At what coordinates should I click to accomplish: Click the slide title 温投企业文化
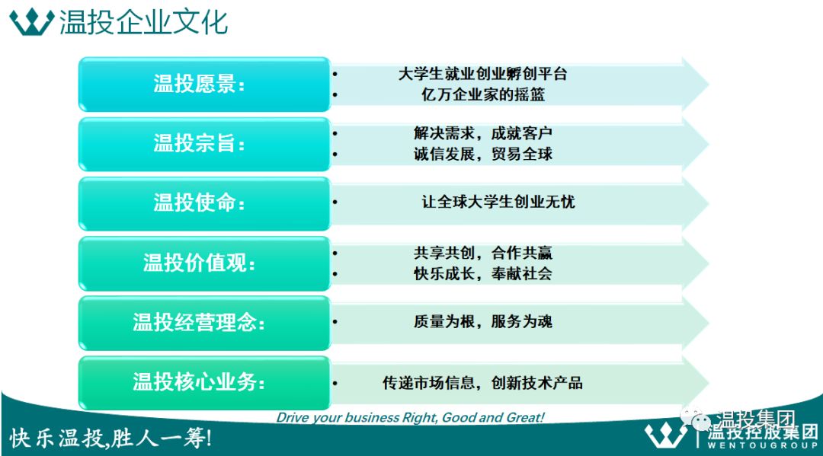143,22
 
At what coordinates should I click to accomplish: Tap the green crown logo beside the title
32,22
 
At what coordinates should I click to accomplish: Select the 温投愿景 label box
204,85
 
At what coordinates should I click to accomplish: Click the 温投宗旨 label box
204,144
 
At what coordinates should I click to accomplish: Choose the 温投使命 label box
204,204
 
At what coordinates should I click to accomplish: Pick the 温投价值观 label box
204,263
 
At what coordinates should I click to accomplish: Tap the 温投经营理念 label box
204,324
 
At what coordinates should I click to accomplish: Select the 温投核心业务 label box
204,383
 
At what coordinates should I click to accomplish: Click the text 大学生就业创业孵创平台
483,74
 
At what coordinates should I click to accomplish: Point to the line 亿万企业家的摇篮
483,94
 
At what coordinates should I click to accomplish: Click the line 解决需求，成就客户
483,133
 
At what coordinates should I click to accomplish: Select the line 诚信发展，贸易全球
483,154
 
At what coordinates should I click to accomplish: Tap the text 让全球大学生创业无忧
498,202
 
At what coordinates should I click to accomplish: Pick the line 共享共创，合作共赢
483,254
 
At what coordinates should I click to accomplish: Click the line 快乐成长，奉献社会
483,273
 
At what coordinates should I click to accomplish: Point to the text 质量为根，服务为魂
483,321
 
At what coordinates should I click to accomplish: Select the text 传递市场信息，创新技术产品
483,383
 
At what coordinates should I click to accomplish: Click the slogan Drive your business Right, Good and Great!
411,418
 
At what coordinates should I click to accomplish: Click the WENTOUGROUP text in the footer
762,445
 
